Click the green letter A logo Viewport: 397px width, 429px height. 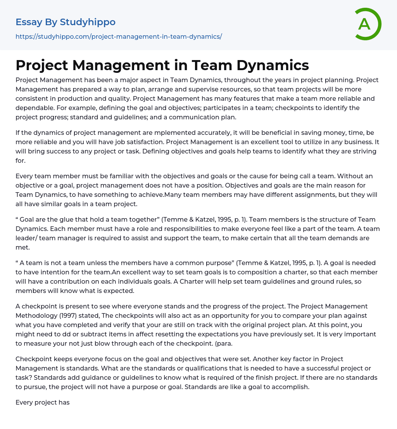click(x=368, y=24)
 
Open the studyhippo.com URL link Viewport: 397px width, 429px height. click(x=119, y=37)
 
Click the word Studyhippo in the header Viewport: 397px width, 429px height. click(x=88, y=22)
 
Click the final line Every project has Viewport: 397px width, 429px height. click(x=43, y=402)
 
